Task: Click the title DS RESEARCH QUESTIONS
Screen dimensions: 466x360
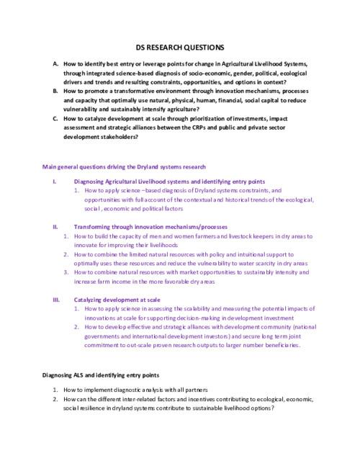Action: point(180,45)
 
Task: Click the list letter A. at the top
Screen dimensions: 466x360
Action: point(56,64)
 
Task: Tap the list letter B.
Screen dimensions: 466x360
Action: point(56,92)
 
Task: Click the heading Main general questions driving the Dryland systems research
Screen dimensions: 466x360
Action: point(124,167)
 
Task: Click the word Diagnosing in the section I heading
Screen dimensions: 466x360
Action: point(90,181)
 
